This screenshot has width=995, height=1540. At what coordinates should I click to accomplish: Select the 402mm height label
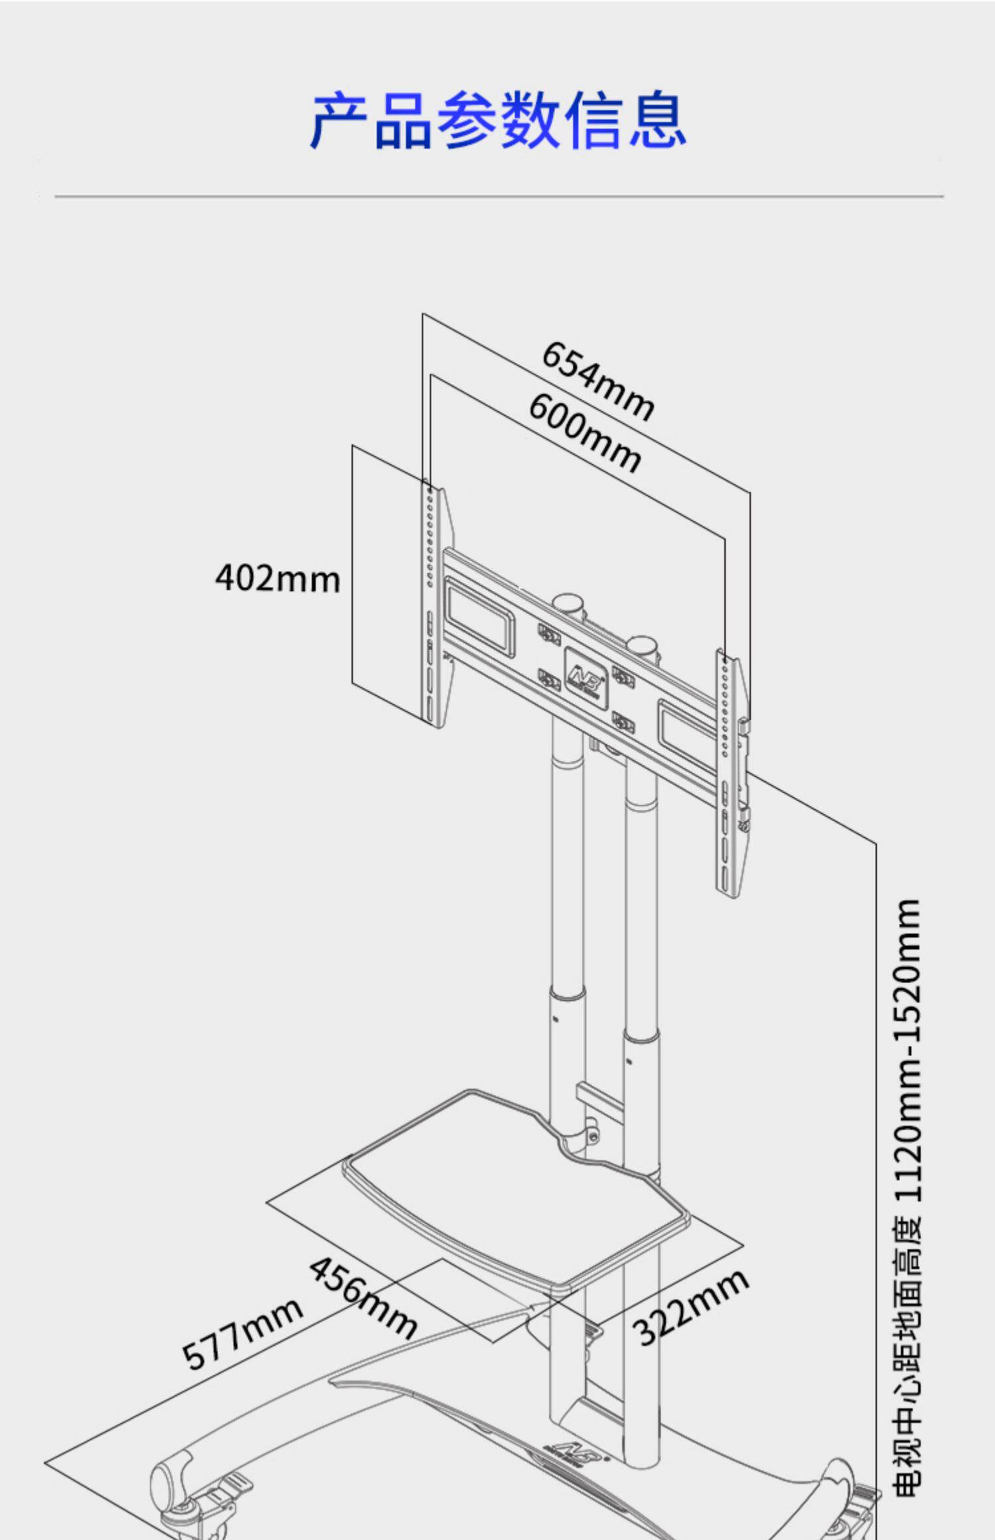[x=278, y=578]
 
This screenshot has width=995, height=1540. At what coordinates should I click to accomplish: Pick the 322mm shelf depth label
[x=691, y=1307]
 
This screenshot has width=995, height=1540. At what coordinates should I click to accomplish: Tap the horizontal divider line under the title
[x=497, y=196]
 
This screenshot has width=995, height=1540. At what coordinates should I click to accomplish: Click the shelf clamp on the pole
[x=589, y=1134]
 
